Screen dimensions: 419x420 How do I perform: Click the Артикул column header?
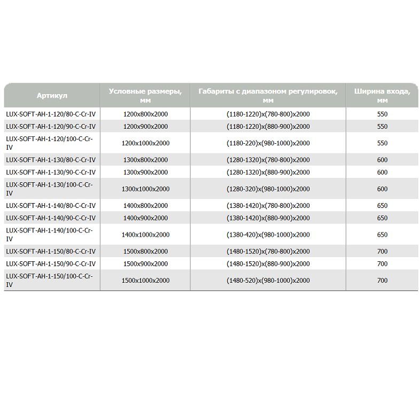52,96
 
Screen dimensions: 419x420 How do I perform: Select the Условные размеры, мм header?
145,95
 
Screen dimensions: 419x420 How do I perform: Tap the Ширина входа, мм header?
382,95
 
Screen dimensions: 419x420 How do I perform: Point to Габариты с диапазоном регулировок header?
268,95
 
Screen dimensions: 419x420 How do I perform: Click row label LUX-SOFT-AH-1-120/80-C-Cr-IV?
51,114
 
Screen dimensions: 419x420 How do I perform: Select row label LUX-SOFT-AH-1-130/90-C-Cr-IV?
51,172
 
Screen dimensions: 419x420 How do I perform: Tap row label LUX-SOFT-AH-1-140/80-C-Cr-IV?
51,206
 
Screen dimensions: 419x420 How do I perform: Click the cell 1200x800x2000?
145,114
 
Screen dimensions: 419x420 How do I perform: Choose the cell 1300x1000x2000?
145,189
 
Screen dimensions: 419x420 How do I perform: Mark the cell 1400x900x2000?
145,218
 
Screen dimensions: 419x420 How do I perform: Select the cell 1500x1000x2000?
145,281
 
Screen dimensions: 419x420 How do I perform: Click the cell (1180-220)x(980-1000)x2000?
268,143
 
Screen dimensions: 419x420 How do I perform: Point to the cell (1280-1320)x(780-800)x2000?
268,160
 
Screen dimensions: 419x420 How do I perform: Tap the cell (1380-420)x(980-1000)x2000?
268,235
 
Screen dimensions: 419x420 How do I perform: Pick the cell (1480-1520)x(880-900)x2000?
268,264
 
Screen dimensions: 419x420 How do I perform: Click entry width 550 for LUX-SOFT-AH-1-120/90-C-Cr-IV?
382,127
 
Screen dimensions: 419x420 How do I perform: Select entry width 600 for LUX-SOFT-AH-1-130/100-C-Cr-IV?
382,189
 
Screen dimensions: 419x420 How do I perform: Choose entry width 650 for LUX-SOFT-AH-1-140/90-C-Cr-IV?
382,218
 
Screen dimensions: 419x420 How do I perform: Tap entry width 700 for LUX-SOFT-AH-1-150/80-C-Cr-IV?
382,251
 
